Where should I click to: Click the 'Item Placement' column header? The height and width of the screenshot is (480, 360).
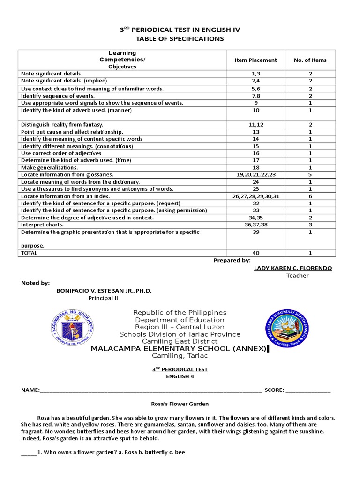(x=255, y=60)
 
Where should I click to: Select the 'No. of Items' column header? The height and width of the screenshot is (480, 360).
(x=310, y=60)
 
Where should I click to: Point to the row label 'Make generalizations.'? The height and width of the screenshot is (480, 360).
(x=50, y=167)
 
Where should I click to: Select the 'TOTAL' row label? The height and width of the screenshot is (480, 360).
(x=30, y=253)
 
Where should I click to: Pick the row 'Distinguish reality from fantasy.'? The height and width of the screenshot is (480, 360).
(x=62, y=124)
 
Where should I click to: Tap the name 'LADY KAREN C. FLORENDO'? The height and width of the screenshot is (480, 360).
(x=292, y=268)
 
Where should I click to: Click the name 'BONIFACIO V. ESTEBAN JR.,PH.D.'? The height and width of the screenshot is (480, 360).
(x=104, y=291)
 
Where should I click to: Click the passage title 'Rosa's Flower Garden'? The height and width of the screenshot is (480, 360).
(x=180, y=404)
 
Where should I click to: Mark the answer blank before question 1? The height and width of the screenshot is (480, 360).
(x=29, y=453)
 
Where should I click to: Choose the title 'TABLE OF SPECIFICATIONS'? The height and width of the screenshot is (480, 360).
(x=180, y=38)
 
